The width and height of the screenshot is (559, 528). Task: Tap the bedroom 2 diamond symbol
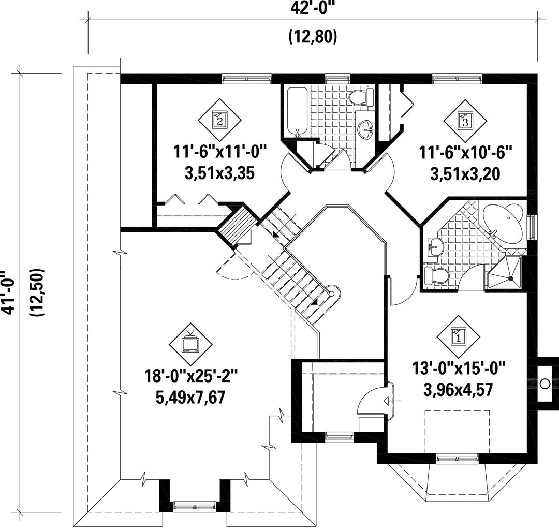[219, 120]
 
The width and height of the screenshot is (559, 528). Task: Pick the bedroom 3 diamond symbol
[465, 121]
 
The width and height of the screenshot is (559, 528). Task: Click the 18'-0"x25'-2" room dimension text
[190, 376]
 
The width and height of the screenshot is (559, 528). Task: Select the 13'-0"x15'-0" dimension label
[459, 368]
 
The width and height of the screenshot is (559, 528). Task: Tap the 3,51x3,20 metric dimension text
[465, 174]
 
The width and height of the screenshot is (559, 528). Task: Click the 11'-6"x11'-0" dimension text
[220, 152]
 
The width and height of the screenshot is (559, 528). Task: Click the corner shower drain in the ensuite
[511, 278]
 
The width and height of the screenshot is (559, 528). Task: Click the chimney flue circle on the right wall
[545, 384]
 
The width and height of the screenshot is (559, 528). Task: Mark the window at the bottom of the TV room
[195, 506]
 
